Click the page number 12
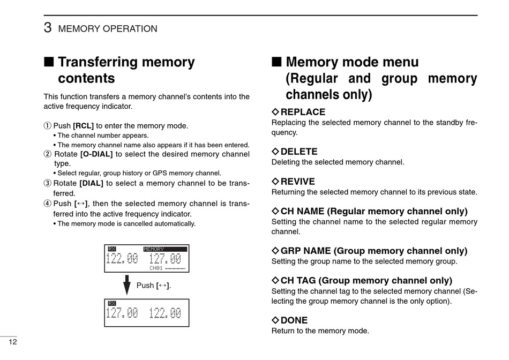tap(13, 342)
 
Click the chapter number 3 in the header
tap(48, 28)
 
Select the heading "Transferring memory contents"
tap(126, 70)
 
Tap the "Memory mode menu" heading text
tap(352, 62)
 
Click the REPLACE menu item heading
tap(303, 112)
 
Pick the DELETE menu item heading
tap(299, 152)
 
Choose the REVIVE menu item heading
tap(297, 182)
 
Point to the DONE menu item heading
tap(294, 320)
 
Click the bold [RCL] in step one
tap(83, 126)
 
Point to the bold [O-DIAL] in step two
tap(96, 154)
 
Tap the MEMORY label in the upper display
tap(154, 249)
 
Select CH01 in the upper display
tap(156, 268)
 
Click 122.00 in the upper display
tap(122, 259)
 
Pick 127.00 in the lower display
tap(122, 313)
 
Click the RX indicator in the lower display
tap(112, 303)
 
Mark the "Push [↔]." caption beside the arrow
tap(154, 286)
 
